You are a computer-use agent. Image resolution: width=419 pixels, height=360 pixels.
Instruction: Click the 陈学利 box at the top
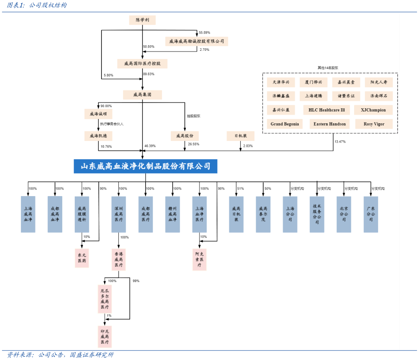(x=142, y=20)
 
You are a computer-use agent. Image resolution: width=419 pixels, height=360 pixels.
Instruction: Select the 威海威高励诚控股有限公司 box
(x=197, y=41)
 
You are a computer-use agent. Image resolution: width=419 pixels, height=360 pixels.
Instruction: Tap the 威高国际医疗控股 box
(x=142, y=63)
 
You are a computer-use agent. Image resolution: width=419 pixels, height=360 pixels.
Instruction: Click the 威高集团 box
(x=142, y=95)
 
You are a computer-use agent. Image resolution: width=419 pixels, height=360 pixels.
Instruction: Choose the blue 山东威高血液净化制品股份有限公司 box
(x=146, y=166)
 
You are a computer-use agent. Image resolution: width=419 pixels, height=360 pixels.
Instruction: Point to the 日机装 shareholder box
(x=240, y=136)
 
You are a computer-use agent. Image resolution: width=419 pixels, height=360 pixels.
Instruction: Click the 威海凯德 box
(x=98, y=136)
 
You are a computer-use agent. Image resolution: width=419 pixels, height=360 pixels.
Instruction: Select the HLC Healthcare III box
(x=327, y=110)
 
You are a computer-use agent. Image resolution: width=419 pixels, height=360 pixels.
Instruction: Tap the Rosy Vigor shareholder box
(x=374, y=124)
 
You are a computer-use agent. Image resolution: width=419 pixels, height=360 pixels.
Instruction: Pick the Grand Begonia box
(x=285, y=124)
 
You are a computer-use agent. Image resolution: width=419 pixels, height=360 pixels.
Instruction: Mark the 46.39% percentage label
(x=150, y=146)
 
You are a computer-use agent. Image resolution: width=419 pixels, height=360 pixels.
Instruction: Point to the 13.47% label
(x=340, y=141)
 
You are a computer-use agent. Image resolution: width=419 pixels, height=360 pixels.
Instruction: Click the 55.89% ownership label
(x=204, y=32)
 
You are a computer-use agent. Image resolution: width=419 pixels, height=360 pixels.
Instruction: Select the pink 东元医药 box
(x=82, y=258)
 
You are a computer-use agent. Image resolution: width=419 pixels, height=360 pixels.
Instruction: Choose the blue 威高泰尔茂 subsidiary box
(x=263, y=214)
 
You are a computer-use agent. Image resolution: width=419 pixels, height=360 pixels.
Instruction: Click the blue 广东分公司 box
(x=371, y=214)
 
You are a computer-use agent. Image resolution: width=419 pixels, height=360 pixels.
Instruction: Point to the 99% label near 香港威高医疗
(x=136, y=281)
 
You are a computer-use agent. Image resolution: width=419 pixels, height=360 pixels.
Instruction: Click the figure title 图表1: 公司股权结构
(x=37, y=5)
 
